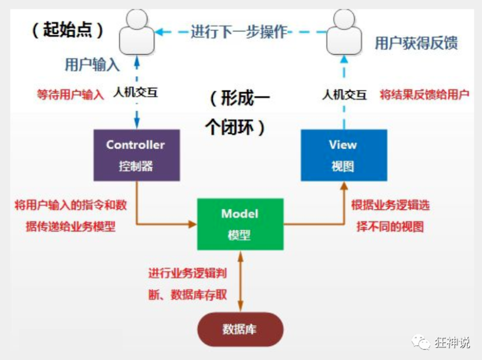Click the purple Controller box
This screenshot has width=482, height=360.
tap(137, 155)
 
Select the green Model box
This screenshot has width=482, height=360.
tap(240, 224)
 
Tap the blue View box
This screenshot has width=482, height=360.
tap(344, 155)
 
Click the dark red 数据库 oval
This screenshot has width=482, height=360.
tap(240, 329)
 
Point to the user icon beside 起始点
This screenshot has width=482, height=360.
tap(137, 32)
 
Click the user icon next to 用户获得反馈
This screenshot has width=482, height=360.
tap(344, 32)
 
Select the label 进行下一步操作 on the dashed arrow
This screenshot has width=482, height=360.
tap(239, 31)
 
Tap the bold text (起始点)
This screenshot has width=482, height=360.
tap(68, 30)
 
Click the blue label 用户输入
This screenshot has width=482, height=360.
tap(92, 65)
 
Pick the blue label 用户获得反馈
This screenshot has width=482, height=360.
tap(416, 42)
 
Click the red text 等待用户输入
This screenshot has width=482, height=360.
tap(71, 94)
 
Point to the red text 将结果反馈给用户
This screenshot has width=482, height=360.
tap(424, 94)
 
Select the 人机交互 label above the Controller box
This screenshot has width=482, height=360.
tap(135, 92)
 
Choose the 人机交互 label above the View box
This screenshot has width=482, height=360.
tap(344, 94)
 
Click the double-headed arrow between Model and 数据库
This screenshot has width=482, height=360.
tap(240, 281)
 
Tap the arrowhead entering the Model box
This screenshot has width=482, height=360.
tap(192, 224)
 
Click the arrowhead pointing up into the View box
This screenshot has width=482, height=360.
tap(344, 186)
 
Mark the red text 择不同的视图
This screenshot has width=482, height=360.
tap(390, 227)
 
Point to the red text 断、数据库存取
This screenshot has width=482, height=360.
tap(188, 295)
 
